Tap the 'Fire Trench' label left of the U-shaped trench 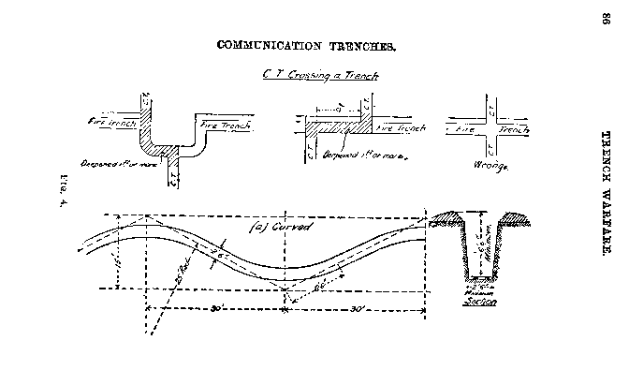click(x=111, y=121)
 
